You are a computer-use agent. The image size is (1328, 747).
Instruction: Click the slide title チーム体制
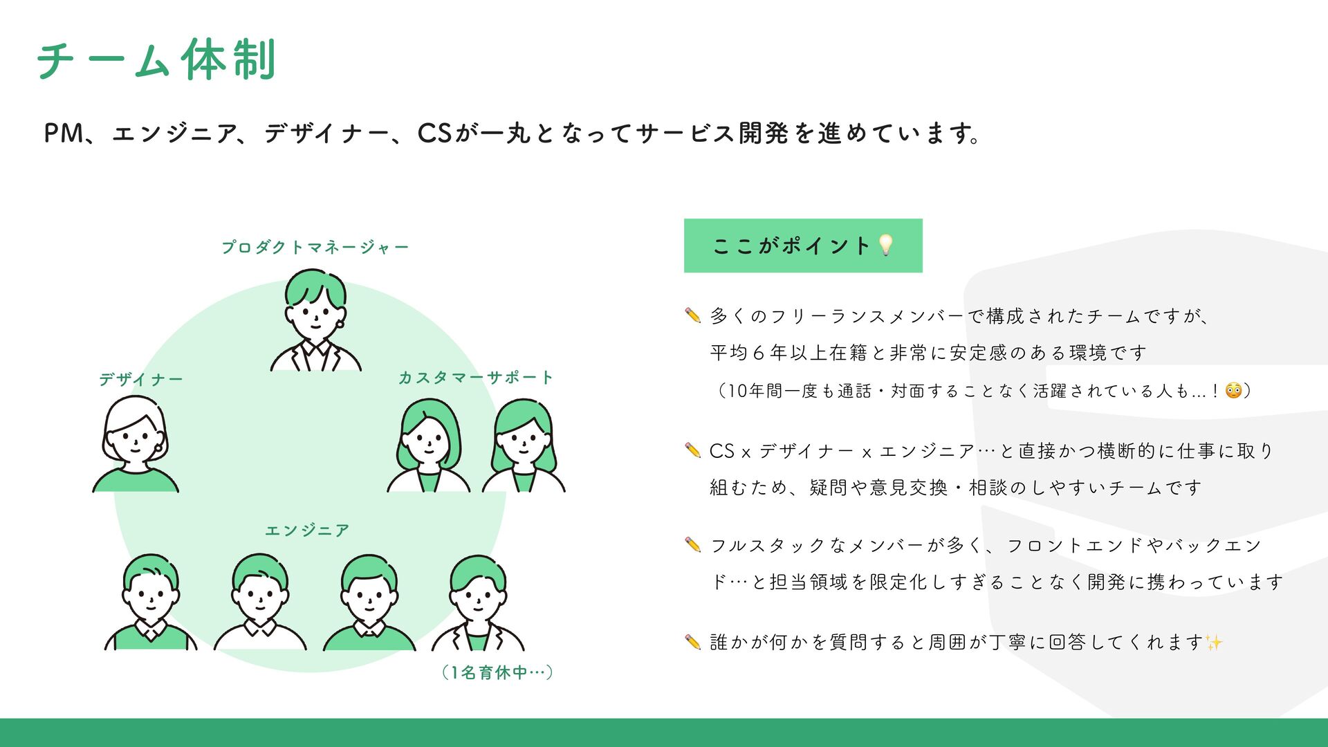[157, 60]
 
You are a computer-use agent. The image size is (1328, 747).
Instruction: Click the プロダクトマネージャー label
[315, 247]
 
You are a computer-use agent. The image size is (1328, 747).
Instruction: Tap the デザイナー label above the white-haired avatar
[140, 379]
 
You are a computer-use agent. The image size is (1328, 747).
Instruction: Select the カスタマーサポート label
[475, 378]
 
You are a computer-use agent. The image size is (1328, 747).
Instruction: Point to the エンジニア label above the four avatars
[307, 531]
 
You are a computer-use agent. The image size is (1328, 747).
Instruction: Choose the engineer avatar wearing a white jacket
[478, 602]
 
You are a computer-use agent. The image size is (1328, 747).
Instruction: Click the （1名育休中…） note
[497, 672]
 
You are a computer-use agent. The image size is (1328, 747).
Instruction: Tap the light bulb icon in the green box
[885, 245]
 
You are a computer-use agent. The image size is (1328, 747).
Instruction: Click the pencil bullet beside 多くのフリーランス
[692, 315]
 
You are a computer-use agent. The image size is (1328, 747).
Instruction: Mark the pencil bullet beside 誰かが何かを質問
[692, 642]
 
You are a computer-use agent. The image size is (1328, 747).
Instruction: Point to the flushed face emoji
[1233, 391]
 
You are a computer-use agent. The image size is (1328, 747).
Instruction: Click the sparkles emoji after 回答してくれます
[1214, 643]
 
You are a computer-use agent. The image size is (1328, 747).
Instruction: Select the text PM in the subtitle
[63, 133]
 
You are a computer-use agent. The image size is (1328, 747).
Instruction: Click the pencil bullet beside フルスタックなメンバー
[692, 545]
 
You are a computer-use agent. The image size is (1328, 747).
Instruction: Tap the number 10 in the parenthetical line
[737, 391]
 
